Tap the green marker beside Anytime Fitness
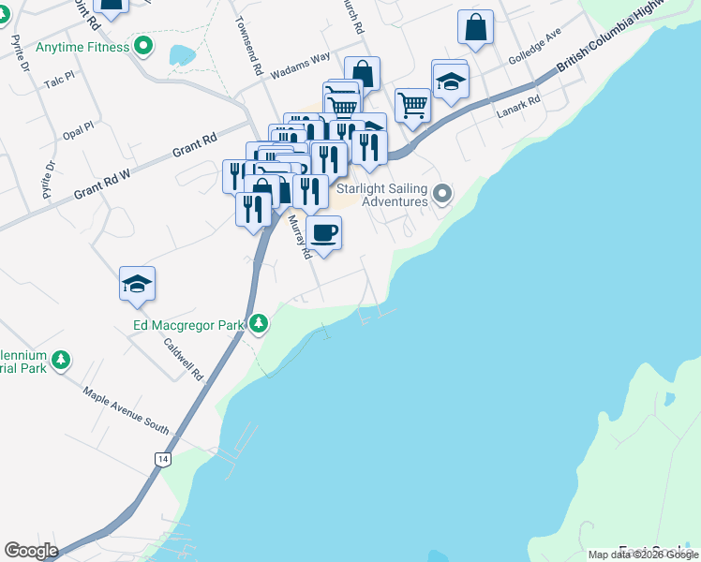(x=143, y=44)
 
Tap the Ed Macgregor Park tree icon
(x=259, y=325)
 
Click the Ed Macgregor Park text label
(x=186, y=326)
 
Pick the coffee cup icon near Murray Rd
(x=324, y=233)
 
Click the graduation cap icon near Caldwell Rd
(x=137, y=284)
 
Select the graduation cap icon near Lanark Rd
(x=451, y=80)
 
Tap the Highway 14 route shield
(x=163, y=459)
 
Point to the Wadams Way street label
(x=300, y=66)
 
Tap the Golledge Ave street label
(x=534, y=45)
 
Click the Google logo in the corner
(x=31, y=551)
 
